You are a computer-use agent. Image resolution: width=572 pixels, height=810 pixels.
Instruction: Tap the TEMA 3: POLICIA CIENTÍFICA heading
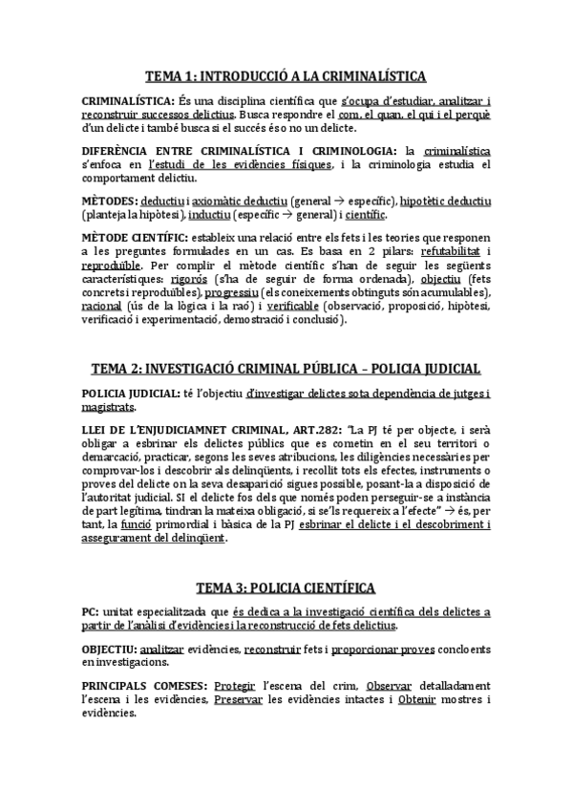286,587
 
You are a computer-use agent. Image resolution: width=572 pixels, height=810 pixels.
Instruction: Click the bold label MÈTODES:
109,202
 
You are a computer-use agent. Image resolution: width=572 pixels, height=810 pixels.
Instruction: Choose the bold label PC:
95,611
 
